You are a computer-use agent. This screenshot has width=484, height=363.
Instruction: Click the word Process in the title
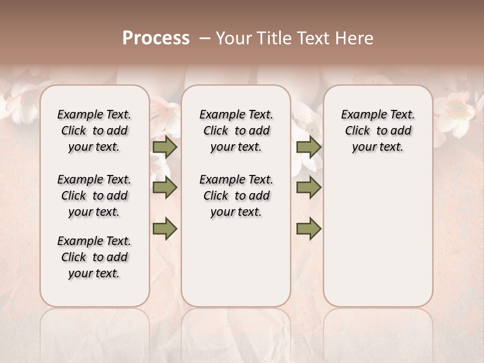156,38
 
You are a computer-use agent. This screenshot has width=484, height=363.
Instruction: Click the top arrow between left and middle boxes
165,147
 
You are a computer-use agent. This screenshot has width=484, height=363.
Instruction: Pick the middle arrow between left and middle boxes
165,188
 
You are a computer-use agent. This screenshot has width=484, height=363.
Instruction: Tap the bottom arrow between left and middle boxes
165,229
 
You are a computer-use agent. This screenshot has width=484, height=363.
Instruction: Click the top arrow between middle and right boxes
309,147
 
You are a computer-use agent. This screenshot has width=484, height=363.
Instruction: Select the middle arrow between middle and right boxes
309,188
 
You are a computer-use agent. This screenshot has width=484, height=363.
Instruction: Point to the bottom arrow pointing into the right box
309,229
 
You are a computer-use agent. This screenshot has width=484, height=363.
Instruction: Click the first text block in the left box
94,131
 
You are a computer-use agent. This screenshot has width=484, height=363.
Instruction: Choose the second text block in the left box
94,196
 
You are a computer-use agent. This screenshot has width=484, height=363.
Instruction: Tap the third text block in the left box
94,257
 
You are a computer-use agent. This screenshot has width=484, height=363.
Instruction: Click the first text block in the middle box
236,131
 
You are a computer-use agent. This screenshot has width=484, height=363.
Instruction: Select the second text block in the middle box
236,196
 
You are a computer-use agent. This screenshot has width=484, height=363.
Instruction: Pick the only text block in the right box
378,131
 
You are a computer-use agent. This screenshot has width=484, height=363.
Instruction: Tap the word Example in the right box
362,115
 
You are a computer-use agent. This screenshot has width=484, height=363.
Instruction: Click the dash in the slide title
204,38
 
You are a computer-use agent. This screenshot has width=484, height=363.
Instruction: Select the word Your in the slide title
234,38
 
